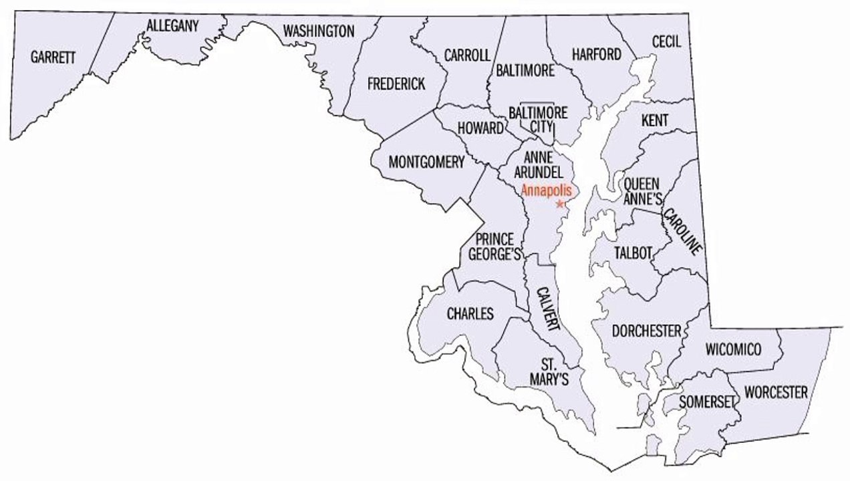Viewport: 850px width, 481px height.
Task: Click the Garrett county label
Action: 53,57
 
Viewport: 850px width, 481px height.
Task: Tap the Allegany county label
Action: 172,26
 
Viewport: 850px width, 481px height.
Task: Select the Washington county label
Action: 319,31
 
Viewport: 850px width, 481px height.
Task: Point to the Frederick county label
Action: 396,84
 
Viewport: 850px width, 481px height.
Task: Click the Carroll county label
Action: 467,55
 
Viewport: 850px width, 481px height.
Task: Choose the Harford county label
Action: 597,54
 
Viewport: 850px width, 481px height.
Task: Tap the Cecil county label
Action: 666,41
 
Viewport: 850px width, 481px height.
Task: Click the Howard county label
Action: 480,128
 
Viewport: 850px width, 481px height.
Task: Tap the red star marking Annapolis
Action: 559,202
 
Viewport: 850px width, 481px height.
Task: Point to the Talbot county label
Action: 631,253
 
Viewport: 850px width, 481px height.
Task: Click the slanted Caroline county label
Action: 682,232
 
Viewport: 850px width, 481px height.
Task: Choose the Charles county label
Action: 470,313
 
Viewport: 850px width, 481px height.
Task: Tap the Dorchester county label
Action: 646,331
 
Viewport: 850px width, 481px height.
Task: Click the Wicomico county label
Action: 733,349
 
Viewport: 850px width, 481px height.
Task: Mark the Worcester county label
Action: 776,391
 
